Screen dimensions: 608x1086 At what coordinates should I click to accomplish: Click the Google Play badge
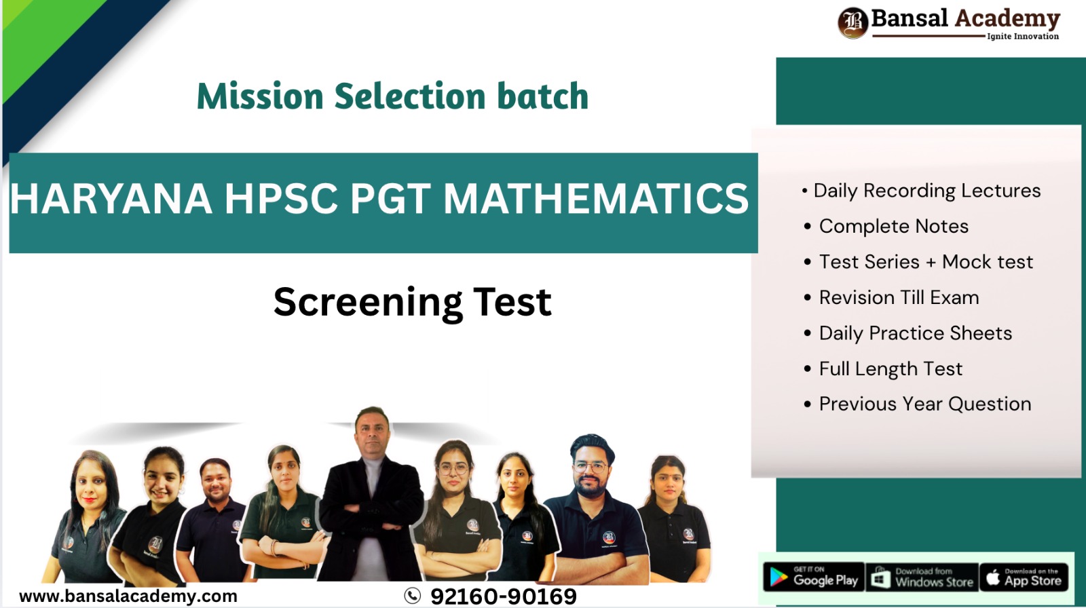(814, 577)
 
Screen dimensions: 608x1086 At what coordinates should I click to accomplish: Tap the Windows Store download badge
(922, 577)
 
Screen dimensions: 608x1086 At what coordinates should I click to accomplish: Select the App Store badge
(1024, 577)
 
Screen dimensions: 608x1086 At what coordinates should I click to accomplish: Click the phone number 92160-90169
(503, 596)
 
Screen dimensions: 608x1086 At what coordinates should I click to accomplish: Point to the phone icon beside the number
(412, 596)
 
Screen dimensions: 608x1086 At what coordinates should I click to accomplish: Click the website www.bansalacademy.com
(128, 596)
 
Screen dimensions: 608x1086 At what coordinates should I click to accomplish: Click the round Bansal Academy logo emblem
(853, 22)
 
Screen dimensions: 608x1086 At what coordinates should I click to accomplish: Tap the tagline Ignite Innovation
(1022, 37)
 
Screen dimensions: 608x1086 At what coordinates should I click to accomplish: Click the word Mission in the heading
(259, 96)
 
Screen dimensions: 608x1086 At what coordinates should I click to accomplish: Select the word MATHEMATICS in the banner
(595, 199)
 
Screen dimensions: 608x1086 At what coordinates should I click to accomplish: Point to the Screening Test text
(412, 302)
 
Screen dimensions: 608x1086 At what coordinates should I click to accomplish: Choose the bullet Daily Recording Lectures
(926, 191)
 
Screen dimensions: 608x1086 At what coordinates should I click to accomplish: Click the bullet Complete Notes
(893, 226)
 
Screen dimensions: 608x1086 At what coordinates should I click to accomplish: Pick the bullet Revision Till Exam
(899, 297)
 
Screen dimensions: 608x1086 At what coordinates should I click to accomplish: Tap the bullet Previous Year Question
(924, 404)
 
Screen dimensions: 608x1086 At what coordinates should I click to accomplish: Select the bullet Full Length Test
(891, 368)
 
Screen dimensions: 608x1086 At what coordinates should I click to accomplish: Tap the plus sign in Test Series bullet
(931, 263)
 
